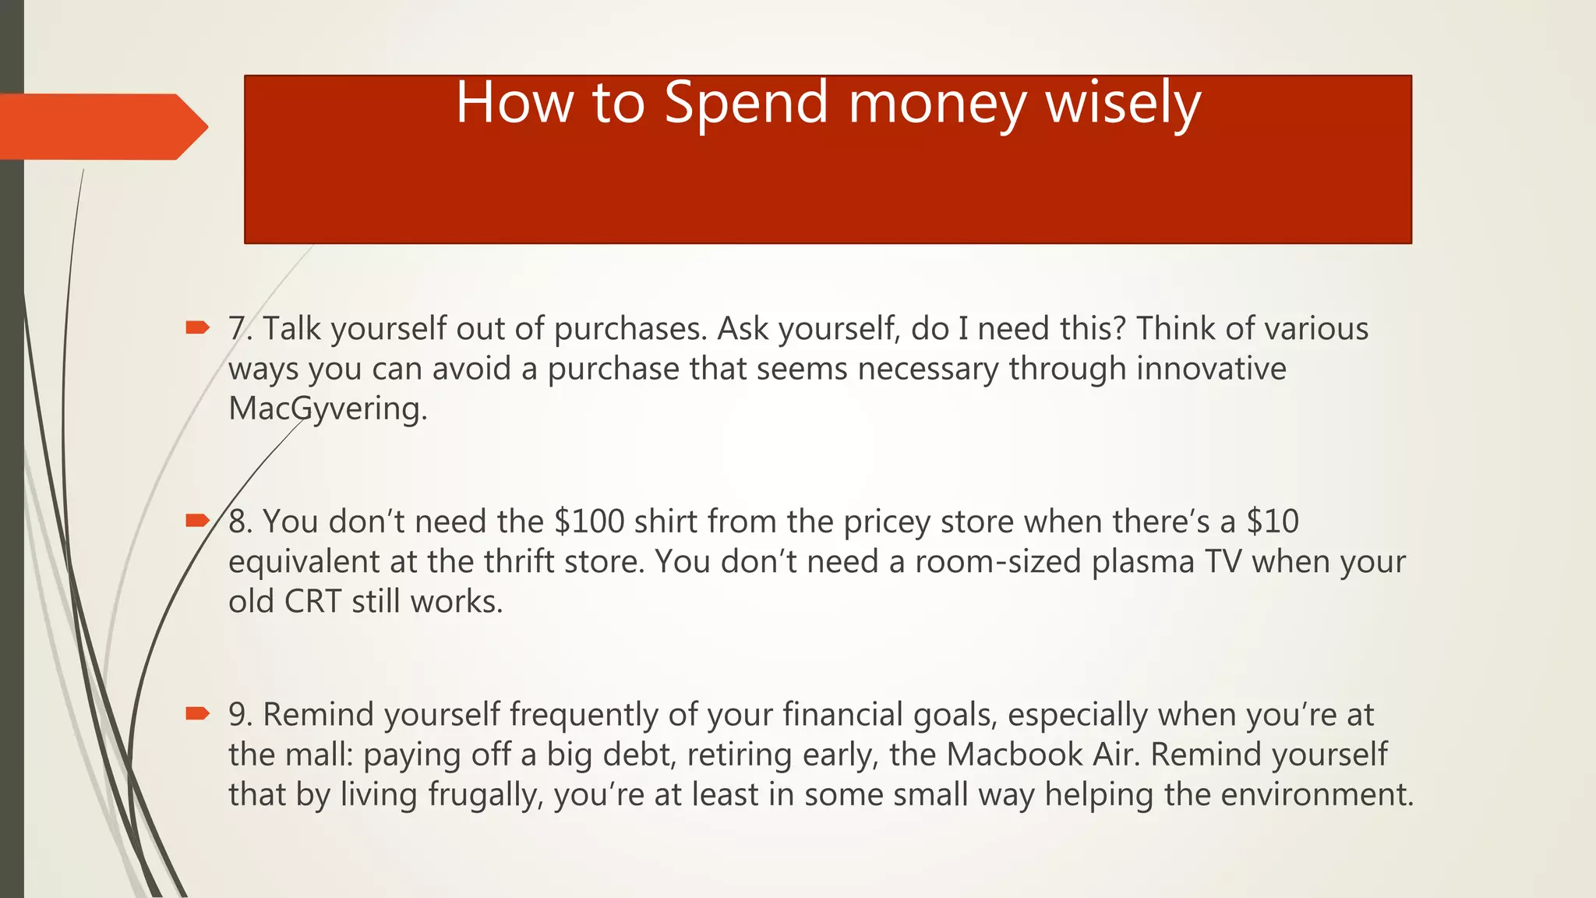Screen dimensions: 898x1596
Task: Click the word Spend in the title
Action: [x=746, y=103]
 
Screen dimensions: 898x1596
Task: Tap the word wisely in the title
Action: [x=1123, y=103]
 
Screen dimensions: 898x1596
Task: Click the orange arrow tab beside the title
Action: [x=101, y=127]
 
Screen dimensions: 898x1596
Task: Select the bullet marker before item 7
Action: [x=197, y=327]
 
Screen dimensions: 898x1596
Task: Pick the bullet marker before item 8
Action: [x=197, y=520]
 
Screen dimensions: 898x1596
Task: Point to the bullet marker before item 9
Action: [x=197, y=712]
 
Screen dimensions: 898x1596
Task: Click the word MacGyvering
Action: [x=327, y=408]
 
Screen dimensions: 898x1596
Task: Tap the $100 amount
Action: [x=589, y=521]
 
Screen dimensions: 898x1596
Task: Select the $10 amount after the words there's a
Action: [x=1273, y=521]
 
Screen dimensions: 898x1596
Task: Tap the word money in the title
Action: [x=937, y=103]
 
